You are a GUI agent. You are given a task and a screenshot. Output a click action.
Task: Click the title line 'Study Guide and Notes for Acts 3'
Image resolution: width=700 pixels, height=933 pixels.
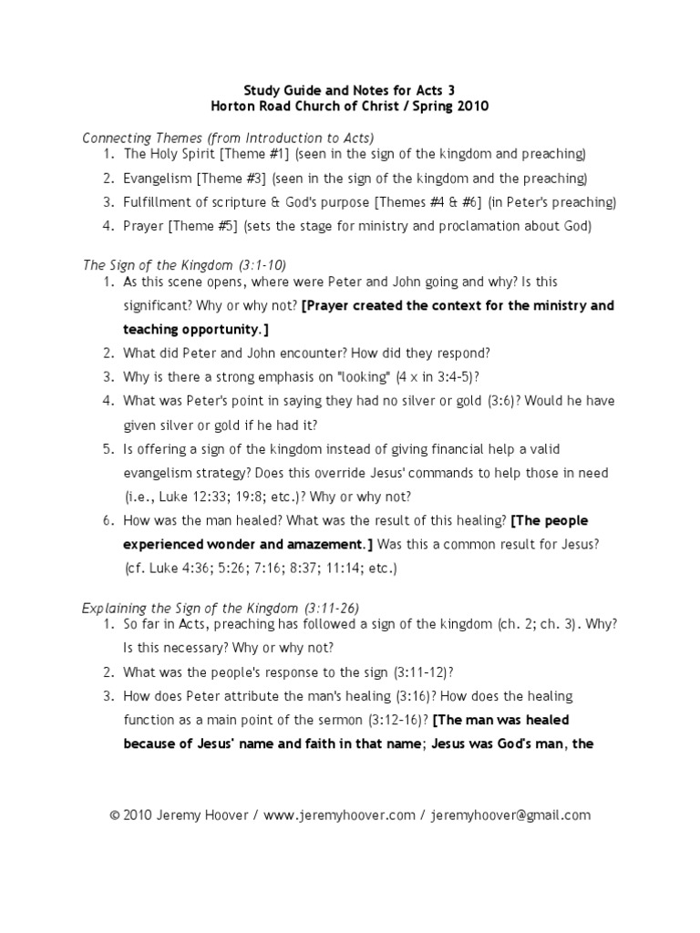pos(349,89)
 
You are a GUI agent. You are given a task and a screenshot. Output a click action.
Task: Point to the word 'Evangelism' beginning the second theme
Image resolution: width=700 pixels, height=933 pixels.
pos(156,178)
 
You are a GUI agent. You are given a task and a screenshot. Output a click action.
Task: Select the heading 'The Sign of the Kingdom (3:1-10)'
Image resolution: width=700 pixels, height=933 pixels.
pos(184,265)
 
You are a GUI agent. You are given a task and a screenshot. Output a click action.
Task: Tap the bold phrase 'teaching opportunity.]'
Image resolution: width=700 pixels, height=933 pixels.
pos(196,329)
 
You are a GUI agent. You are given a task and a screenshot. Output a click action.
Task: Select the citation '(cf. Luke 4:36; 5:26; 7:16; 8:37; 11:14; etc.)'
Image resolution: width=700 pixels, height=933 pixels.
pos(261,568)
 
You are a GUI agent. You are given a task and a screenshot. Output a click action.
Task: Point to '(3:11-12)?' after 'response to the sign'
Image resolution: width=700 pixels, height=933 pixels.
pos(421,672)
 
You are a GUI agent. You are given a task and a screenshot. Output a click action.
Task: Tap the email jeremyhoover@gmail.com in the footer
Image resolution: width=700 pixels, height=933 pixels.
pos(511,815)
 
